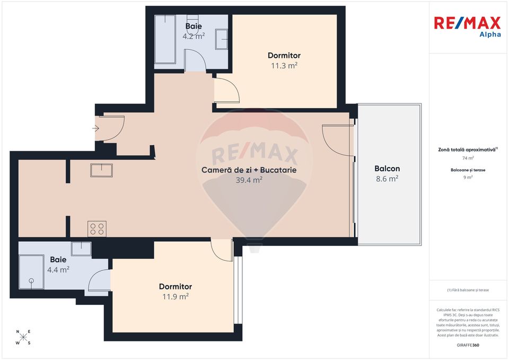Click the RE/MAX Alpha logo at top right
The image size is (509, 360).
click(467, 27)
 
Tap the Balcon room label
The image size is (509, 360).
click(387, 169)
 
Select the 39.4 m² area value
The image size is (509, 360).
click(249, 180)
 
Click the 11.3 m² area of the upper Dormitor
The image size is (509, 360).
click(284, 66)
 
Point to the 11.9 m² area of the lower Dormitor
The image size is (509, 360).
click(175, 297)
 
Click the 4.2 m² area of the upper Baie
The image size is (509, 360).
click(194, 37)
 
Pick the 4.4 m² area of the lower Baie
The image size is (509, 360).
click(58, 269)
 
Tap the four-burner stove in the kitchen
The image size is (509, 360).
click(97, 229)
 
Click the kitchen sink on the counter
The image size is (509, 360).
click(101, 170)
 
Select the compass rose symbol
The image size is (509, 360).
click(23, 337)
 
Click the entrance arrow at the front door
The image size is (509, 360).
click(95, 128)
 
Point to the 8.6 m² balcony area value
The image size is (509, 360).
click(387, 179)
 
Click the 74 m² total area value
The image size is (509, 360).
click(468, 158)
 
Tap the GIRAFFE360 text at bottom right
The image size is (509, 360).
click(468, 345)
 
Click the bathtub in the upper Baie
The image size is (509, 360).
click(165, 40)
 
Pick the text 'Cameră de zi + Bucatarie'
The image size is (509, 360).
click(249, 170)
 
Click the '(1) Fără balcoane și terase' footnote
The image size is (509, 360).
click(468, 290)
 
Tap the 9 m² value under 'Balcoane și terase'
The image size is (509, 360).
click(468, 178)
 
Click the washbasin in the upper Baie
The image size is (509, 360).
click(221, 39)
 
